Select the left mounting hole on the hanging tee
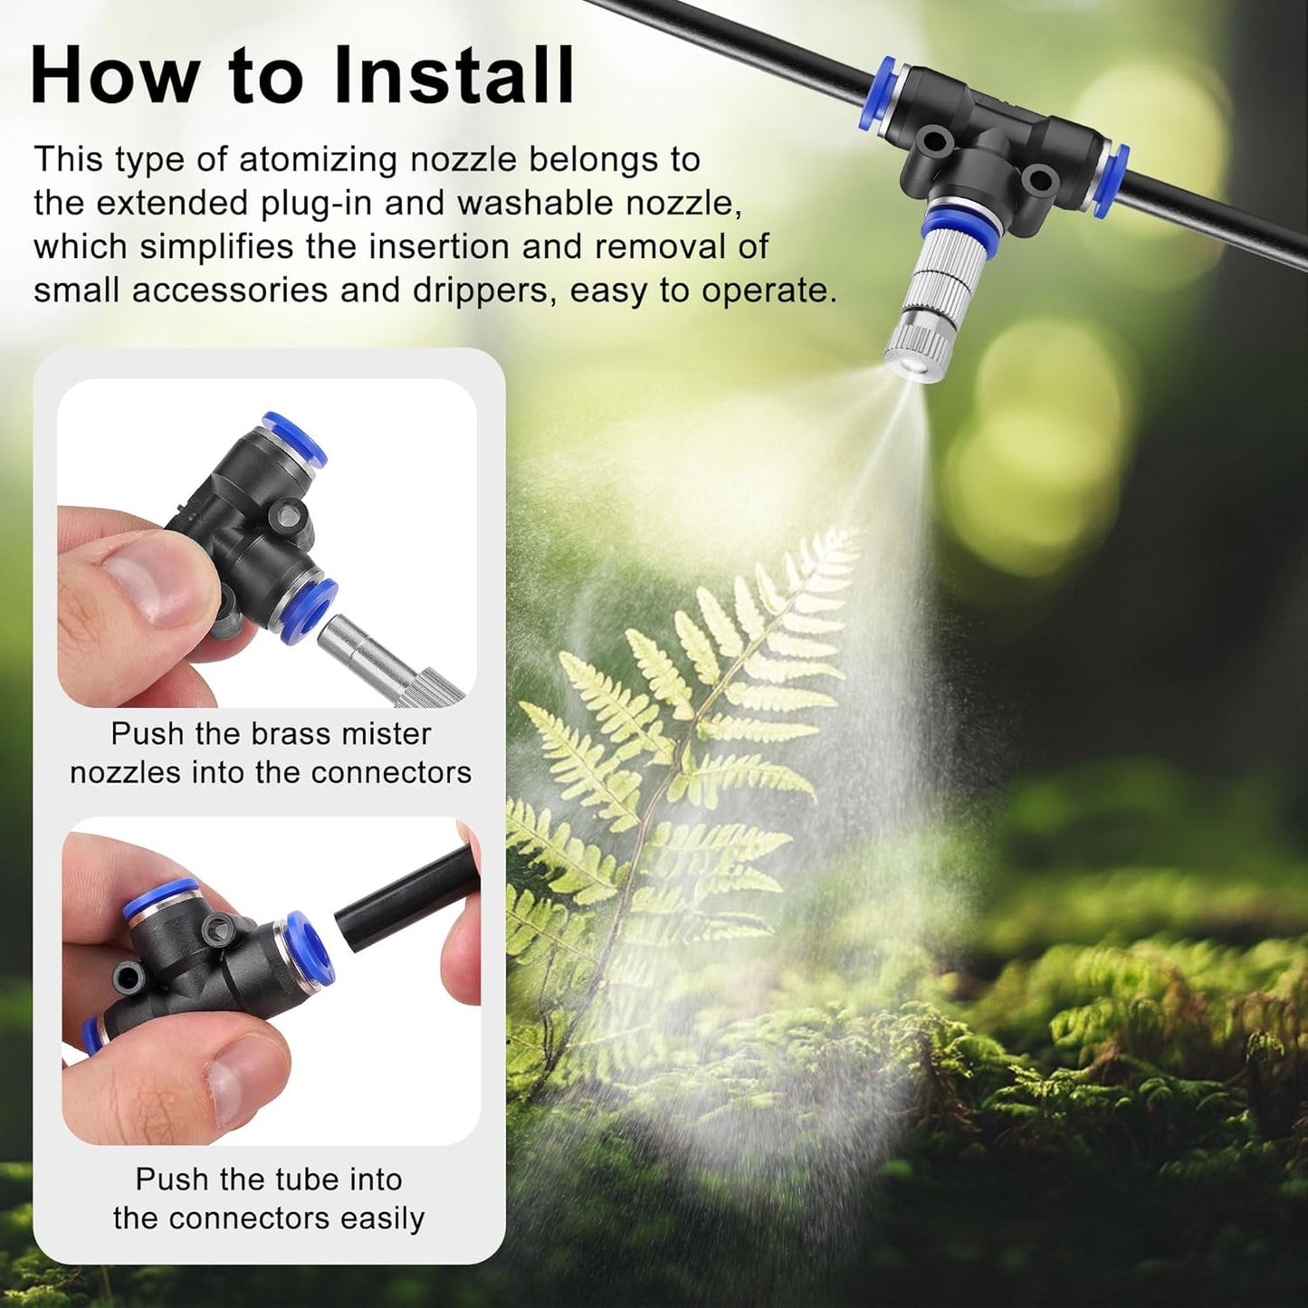coord(933,142)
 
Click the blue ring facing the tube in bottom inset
coord(309,951)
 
